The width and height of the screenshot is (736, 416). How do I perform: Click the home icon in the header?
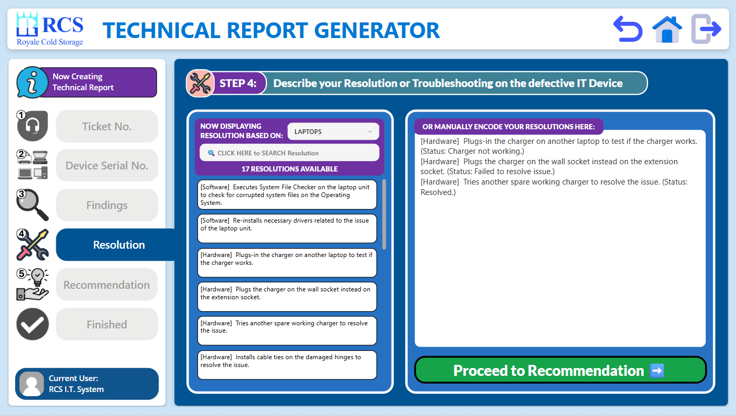pyautogui.click(x=667, y=29)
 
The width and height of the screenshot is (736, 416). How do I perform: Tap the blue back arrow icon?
pyautogui.click(x=628, y=29)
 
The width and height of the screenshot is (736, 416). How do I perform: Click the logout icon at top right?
pyautogui.click(x=706, y=29)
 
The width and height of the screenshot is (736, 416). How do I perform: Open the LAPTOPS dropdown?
pyautogui.click(x=333, y=131)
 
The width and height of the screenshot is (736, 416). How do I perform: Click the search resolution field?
pyautogui.click(x=289, y=153)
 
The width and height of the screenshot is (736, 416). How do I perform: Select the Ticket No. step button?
pyautogui.click(x=107, y=127)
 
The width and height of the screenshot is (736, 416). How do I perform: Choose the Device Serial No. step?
pyautogui.click(x=107, y=166)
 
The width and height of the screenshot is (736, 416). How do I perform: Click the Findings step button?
pyautogui.click(x=107, y=205)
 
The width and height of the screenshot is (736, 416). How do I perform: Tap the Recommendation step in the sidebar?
pyautogui.click(x=107, y=285)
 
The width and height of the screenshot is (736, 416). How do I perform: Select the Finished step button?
pyautogui.click(x=107, y=325)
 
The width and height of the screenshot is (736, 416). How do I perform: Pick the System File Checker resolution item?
pyautogui.click(x=287, y=195)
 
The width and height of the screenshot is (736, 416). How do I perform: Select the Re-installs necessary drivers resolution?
pyautogui.click(x=287, y=229)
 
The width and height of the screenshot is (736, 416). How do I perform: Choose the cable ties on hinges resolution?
pyautogui.click(x=287, y=365)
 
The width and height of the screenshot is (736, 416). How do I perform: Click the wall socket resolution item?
pyautogui.click(x=287, y=297)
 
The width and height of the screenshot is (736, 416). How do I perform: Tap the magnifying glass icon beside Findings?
pyautogui.click(x=32, y=205)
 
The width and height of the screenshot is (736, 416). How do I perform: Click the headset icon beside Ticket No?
pyautogui.click(x=32, y=126)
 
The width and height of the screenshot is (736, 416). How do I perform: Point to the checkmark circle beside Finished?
pyautogui.click(x=32, y=324)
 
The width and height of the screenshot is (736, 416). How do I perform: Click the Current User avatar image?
pyautogui.click(x=32, y=384)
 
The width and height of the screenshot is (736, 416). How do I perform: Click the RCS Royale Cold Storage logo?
pyautogui.click(x=50, y=29)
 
